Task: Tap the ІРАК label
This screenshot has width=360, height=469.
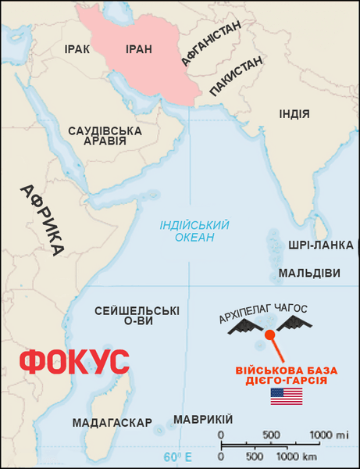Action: click(77, 49)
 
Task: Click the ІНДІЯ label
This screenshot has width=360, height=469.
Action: click(294, 115)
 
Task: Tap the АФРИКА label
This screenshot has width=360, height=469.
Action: click(42, 220)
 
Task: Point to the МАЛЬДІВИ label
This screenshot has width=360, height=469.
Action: click(310, 274)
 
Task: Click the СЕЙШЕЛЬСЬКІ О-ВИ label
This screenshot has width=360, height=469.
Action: click(137, 316)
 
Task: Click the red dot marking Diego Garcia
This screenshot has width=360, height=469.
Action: click(269, 335)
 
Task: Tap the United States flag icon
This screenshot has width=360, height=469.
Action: click(286, 396)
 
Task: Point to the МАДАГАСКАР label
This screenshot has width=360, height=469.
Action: click(112, 423)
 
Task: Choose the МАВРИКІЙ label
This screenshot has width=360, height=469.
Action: click(203, 420)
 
